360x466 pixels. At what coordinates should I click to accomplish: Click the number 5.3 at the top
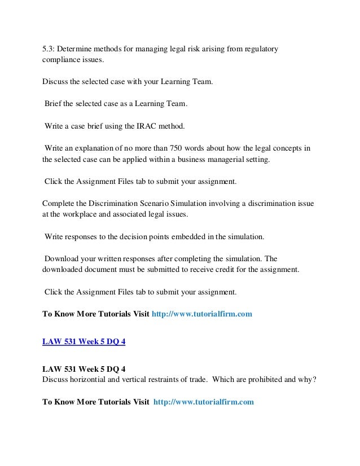tap(49, 50)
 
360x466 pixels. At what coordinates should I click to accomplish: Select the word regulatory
tap(260, 50)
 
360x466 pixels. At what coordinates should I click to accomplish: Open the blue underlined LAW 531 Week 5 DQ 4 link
tap(84, 341)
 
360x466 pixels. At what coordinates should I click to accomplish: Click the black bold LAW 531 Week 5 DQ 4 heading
tap(84, 368)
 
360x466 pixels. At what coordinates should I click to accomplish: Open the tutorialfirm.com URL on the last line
tap(204, 402)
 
